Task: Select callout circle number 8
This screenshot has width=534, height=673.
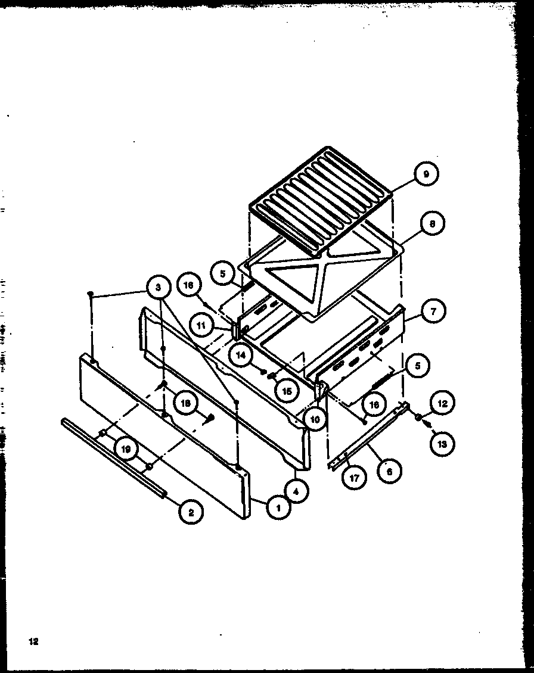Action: pyautogui.click(x=431, y=225)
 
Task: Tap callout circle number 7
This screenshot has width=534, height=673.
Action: pyautogui.click(x=433, y=311)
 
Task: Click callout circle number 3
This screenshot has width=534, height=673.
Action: pyautogui.click(x=158, y=288)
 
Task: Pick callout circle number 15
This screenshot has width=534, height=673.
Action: pyautogui.click(x=287, y=391)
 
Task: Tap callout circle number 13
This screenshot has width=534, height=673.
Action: pyautogui.click(x=443, y=443)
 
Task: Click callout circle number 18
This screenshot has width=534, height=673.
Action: pyautogui.click(x=186, y=403)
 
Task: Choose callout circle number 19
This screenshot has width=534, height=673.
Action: pyautogui.click(x=126, y=450)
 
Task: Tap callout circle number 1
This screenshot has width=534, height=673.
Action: pyautogui.click(x=275, y=508)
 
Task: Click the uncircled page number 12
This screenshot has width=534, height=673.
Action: pyautogui.click(x=33, y=641)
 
